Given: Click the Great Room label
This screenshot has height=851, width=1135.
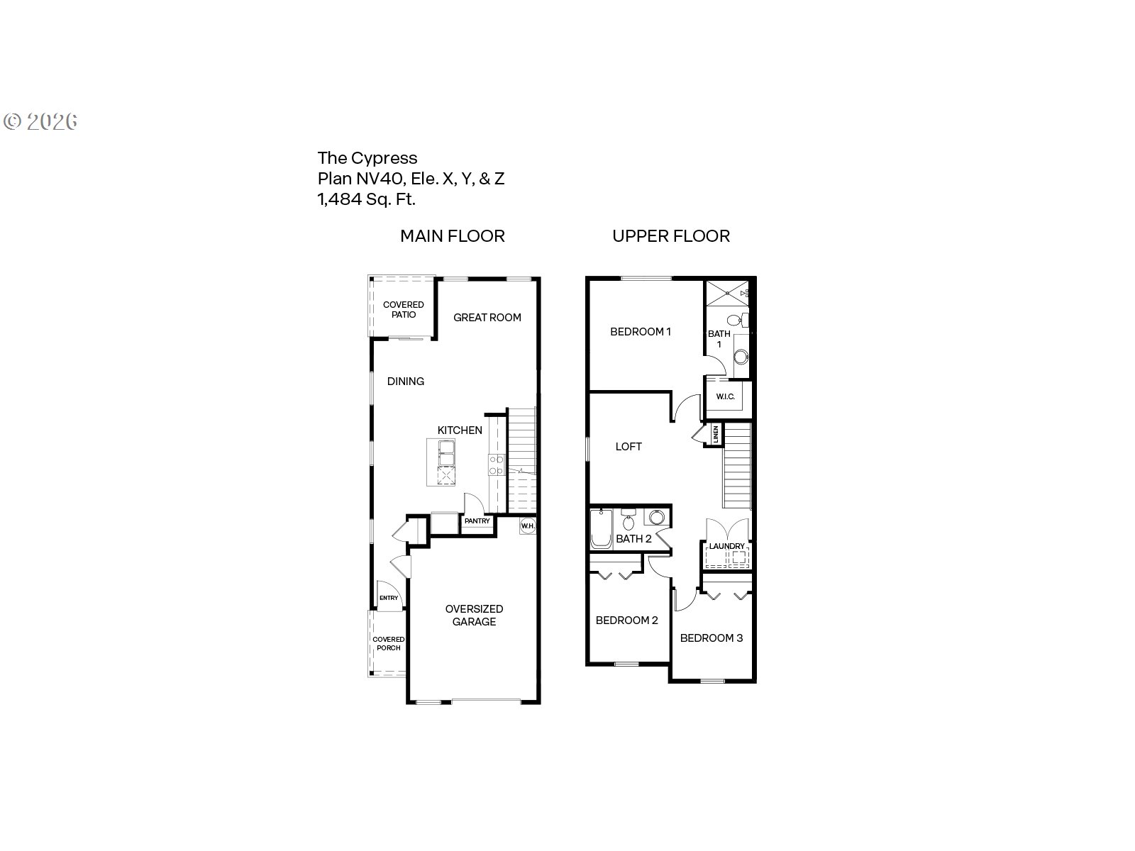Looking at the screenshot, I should [487, 318].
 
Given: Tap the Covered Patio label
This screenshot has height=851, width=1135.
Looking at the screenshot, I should [404, 310].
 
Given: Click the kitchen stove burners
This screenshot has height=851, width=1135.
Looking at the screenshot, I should [496, 465].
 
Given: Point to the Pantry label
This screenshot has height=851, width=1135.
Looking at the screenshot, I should [477, 521].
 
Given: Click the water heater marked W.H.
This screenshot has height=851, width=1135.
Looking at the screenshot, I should [527, 526].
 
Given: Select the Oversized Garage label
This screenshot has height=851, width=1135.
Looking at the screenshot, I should [474, 615].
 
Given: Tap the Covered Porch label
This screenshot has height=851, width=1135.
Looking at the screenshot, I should [388, 643].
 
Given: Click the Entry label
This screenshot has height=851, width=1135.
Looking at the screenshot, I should [388, 598].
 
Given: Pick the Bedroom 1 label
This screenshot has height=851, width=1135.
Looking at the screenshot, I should [641, 331].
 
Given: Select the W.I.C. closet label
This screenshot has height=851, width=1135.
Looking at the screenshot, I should [725, 396].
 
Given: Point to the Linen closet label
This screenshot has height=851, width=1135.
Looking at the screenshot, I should [716, 434].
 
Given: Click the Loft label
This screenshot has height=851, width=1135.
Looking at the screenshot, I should [629, 446].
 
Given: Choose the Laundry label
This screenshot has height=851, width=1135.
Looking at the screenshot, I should [727, 546].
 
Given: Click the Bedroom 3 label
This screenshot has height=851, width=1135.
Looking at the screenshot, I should [712, 638].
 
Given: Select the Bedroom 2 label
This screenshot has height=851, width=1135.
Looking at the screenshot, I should [626, 621].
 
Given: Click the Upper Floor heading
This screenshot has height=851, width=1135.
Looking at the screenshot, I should [671, 236].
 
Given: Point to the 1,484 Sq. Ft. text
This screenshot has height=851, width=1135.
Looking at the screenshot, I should [366, 199].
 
